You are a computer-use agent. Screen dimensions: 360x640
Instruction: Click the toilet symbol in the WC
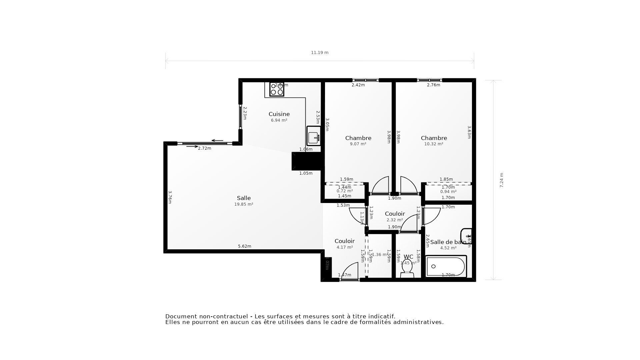[407, 268]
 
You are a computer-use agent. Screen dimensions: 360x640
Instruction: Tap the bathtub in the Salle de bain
[446, 266]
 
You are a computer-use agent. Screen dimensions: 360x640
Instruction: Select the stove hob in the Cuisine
[277, 89]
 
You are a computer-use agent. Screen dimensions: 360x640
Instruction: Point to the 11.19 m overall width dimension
[320, 53]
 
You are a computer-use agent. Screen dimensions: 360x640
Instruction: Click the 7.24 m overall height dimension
[501, 180]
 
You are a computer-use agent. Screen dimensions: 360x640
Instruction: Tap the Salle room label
[244, 198]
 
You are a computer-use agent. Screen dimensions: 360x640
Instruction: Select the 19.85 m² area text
[244, 204]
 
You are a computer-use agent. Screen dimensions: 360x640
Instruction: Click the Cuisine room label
[279, 114]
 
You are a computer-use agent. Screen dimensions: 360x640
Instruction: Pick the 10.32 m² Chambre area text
[434, 144]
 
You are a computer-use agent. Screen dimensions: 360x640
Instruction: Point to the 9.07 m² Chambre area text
[358, 144]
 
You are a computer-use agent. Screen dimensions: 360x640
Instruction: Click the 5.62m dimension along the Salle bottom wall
[244, 246]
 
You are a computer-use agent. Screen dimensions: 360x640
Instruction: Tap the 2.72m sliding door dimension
[205, 148]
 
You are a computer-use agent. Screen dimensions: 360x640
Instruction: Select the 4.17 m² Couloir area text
[345, 247]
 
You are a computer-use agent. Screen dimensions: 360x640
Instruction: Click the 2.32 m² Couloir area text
[395, 220]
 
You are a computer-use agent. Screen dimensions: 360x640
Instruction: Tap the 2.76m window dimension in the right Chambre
[433, 85]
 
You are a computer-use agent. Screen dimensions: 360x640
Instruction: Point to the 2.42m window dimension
[358, 85]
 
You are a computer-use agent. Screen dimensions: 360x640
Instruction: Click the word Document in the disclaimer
[180, 316]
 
